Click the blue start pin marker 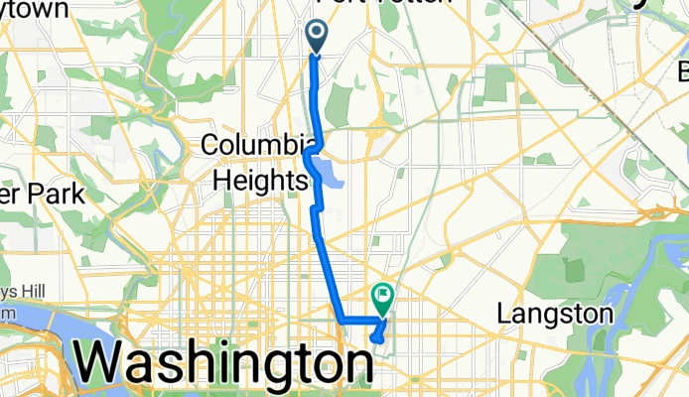pyautogui.click(x=317, y=37)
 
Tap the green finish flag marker pyautogui.click(x=382, y=296)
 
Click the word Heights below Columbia pyautogui.click(x=259, y=181)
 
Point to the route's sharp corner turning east pyautogui.click(x=342, y=321)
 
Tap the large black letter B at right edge pyautogui.click(x=683, y=72)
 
